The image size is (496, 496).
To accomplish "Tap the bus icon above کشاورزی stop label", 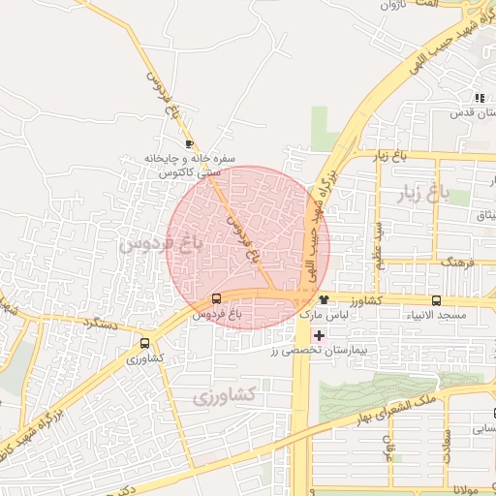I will pos(145,342).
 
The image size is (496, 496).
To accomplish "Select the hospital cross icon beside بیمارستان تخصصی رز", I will pos(319,334).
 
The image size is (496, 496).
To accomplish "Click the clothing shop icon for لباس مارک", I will pos(323,299).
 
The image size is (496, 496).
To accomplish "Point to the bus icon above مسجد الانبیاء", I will pos(436,300).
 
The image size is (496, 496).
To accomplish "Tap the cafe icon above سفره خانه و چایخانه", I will pos(189,143).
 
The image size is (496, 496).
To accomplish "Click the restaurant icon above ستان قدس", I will pos(479,97).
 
